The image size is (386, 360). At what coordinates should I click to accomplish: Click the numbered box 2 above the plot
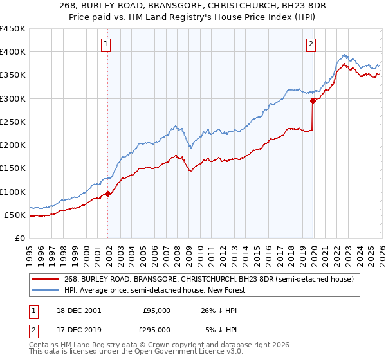[311, 44]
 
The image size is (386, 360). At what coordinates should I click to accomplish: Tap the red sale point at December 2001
[108, 194]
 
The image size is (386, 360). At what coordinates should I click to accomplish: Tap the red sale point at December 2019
[313, 100]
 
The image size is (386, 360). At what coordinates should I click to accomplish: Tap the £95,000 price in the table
[156, 310]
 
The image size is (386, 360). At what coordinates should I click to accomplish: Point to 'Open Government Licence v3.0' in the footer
[191, 353]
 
